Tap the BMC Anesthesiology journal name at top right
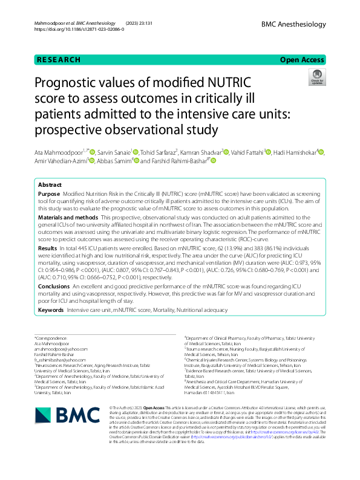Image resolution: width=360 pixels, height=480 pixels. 295,22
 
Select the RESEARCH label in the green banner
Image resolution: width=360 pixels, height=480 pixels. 59,60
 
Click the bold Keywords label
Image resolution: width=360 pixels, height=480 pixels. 51,310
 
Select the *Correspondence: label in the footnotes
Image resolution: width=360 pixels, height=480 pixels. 51,339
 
